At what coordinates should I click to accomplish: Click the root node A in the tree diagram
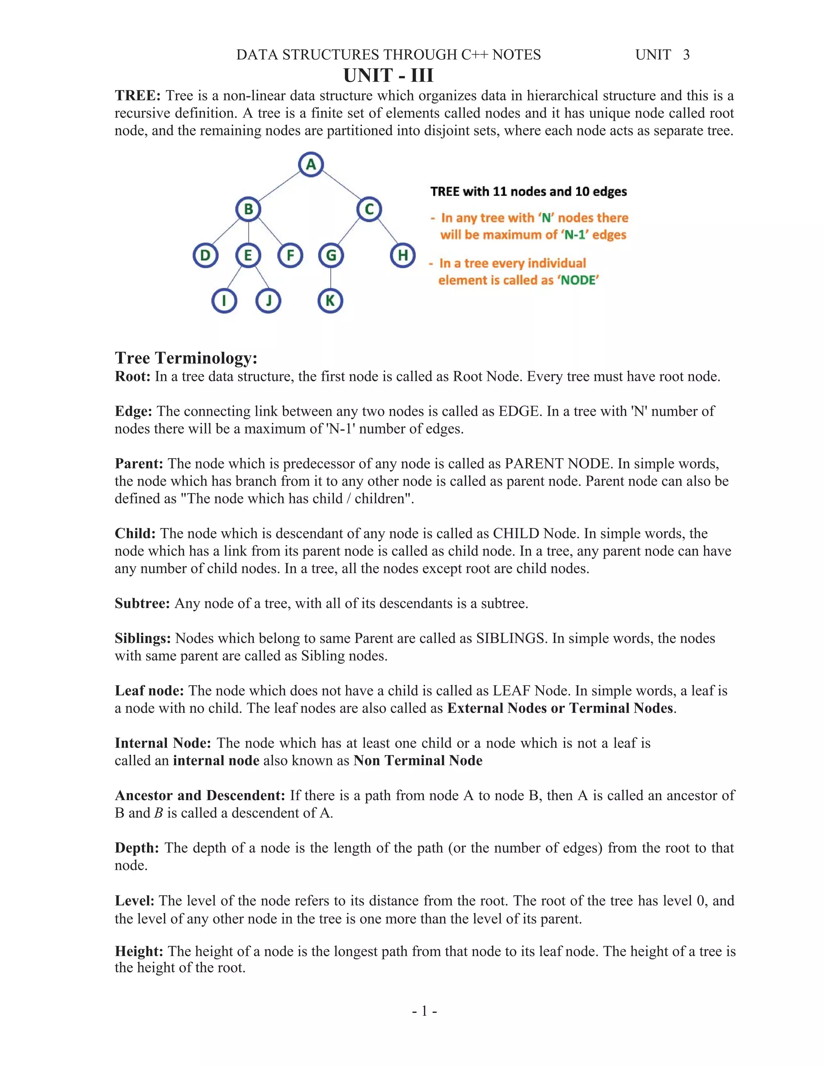click(311, 164)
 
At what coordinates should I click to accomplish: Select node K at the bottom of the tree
click(330, 300)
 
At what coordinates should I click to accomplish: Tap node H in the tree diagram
click(403, 255)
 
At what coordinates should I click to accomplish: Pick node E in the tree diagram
click(248, 255)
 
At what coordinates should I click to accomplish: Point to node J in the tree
click(268, 300)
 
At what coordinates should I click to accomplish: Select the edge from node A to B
click(279, 186)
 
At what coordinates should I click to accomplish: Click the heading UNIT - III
click(388, 75)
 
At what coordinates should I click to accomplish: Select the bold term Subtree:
click(142, 603)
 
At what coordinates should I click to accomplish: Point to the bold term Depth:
click(137, 848)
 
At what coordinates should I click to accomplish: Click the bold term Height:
click(139, 951)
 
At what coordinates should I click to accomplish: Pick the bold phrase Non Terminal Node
click(418, 761)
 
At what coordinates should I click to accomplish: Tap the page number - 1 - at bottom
click(424, 1011)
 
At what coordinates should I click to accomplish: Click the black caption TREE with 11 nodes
click(528, 191)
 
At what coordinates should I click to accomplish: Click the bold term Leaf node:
click(149, 690)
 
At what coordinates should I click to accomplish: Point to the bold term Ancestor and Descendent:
click(200, 796)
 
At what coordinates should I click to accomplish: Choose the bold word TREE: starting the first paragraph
click(138, 96)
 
